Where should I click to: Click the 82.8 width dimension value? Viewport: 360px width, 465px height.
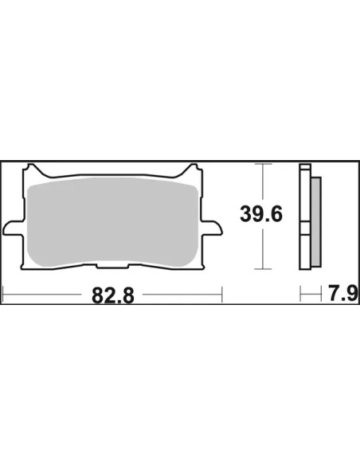click(113, 295)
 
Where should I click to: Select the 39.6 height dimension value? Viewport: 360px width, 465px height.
click(261, 214)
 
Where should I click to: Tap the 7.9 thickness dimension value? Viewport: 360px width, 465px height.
click(343, 293)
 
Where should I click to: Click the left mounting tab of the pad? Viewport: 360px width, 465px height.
click(13, 228)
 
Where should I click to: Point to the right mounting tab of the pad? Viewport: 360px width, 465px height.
click(212, 228)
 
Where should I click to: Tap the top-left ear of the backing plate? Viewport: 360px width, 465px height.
click(33, 170)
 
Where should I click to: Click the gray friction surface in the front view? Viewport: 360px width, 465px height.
click(112, 222)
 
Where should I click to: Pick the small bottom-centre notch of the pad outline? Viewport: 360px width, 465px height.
click(113, 266)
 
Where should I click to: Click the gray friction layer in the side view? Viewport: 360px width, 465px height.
click(316, 221)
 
